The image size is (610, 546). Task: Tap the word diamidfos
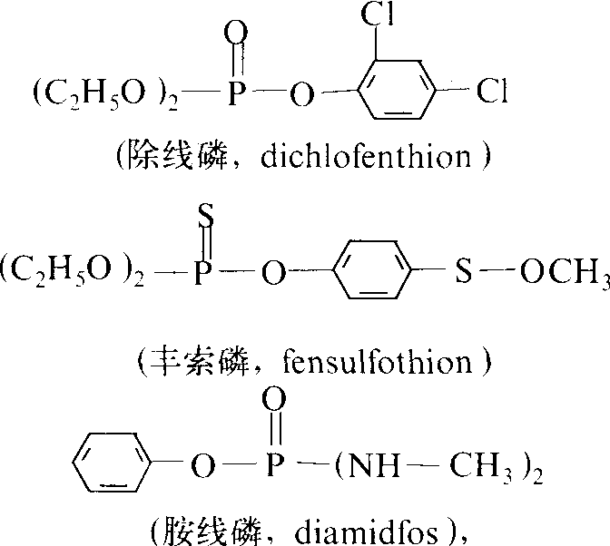pos(366,532)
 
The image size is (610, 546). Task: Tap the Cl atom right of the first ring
pos(492,92)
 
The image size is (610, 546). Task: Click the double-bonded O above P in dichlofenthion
pos(236,33)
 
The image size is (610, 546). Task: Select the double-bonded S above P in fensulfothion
pos(206,216)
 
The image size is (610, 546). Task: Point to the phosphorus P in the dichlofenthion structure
pos(237,93)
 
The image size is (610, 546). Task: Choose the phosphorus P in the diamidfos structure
pos(275,464)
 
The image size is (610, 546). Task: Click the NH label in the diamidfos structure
pos(373,464)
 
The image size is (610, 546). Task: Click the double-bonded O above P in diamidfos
pos(275,399)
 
